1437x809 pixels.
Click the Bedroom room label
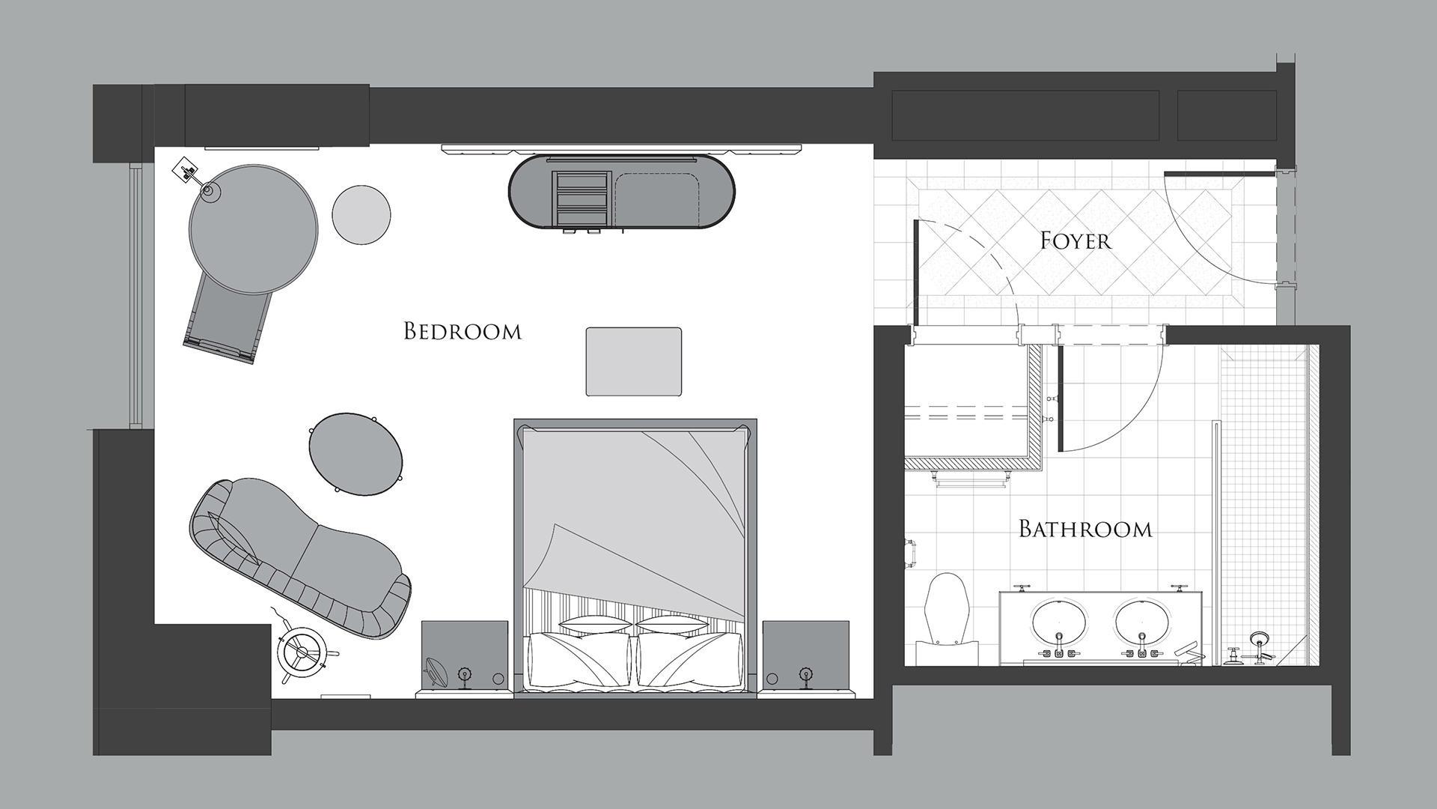point(462,331)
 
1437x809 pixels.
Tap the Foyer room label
point(1076,240)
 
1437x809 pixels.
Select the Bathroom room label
point(1085,529)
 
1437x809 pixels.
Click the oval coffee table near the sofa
point(356,455)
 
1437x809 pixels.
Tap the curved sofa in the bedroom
point(299,557)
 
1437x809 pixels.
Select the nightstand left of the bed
point(465,655)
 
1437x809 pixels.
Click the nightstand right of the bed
point(806,655)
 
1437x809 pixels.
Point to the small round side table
point(361,215)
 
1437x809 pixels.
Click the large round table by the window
point(253,229)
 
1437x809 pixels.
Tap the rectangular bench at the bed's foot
point(634,361)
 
